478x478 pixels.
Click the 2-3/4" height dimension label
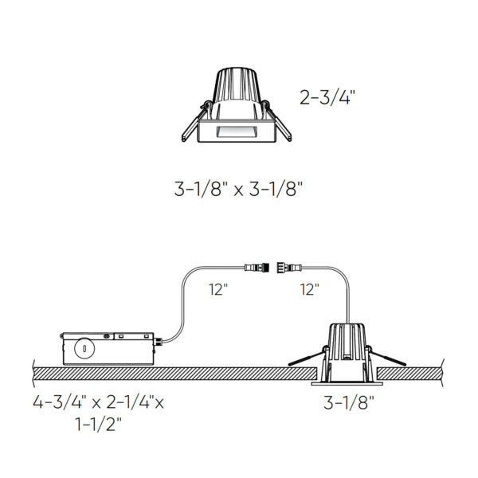[x=327, y=99]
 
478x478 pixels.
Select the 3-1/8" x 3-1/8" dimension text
[x=239, y=190]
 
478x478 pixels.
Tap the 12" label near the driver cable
[x=217, y=289]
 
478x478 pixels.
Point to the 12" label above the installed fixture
[x=311, y=289]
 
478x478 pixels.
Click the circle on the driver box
[x=80, y=348]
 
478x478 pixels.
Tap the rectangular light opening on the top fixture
[x=237, y=131]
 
